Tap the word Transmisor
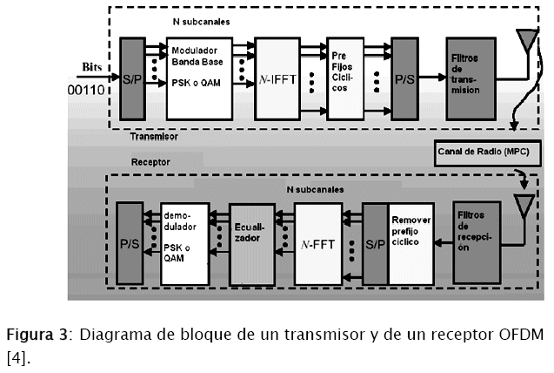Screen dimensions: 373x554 point(154,137)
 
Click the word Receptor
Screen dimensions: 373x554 point(150,162)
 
